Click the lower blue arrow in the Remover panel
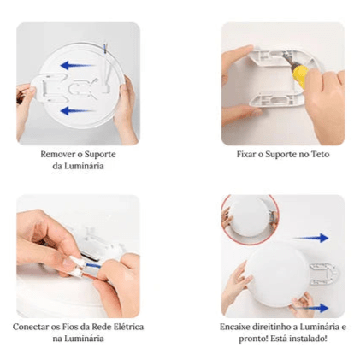click(x=79, y=109)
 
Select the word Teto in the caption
click(x=317, y=154)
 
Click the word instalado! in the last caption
click(x=307, y=339)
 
